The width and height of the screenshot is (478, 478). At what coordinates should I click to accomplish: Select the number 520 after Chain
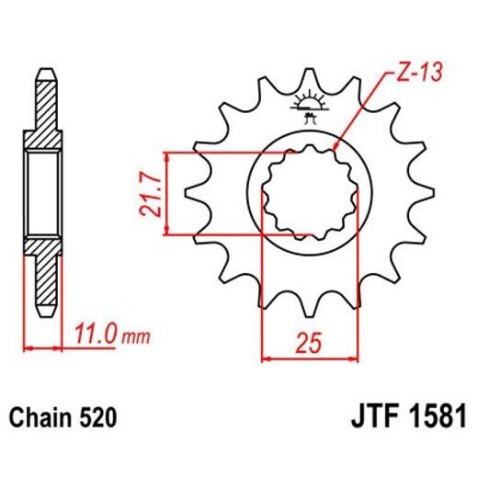98,418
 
